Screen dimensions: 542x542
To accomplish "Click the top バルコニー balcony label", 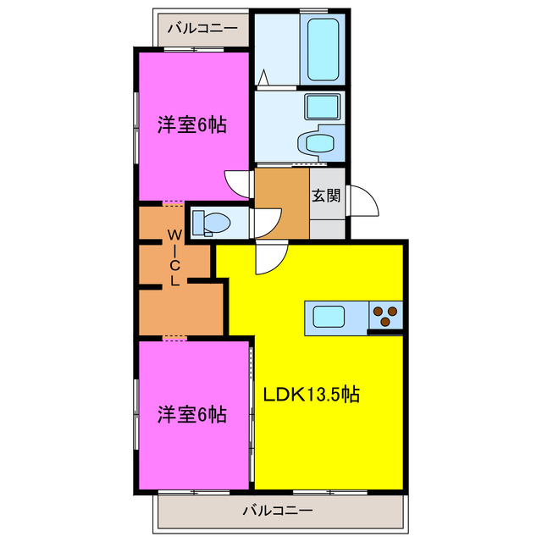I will pos(202,28).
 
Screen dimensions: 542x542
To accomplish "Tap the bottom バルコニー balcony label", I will pos(278,511).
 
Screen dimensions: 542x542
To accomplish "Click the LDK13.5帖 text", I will pos(311,394).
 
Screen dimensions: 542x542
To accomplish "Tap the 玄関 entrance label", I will pos(326,196).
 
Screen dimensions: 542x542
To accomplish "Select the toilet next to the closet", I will pos(212,223).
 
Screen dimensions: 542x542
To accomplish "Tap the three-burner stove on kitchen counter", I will pos(386,315).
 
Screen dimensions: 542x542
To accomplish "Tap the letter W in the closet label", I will pos(174,234).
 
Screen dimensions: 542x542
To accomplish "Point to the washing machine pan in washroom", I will pos(321,108).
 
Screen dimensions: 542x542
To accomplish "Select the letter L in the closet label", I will pos(174,281).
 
